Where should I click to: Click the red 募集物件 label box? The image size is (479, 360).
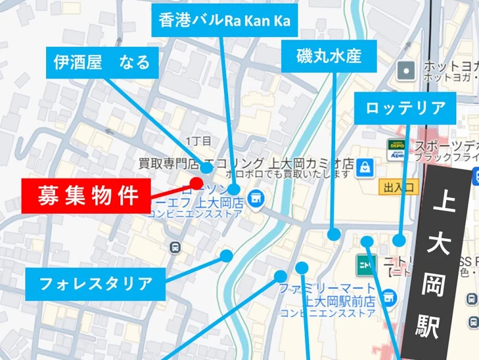(86, 195)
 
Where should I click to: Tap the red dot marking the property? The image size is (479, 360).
(196, 183)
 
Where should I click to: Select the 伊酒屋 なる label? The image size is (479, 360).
(102, 62)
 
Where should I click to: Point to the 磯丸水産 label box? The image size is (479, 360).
(329, 56)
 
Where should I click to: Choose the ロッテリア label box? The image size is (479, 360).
(405, 108)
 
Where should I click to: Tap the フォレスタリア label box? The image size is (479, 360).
(95, 283)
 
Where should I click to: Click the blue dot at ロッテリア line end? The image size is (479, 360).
(399, 240)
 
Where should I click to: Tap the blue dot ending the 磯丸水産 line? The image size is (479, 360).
(334, 234)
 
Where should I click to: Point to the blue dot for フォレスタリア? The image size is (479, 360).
(226, 256)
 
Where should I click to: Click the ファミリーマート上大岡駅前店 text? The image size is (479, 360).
(327, 294)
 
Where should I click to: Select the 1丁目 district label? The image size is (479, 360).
(199, 141)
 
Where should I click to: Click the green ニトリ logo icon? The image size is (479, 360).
(363, 264)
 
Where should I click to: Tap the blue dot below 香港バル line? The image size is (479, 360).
(234, 190)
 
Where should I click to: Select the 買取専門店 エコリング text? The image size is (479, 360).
(201, 163)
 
